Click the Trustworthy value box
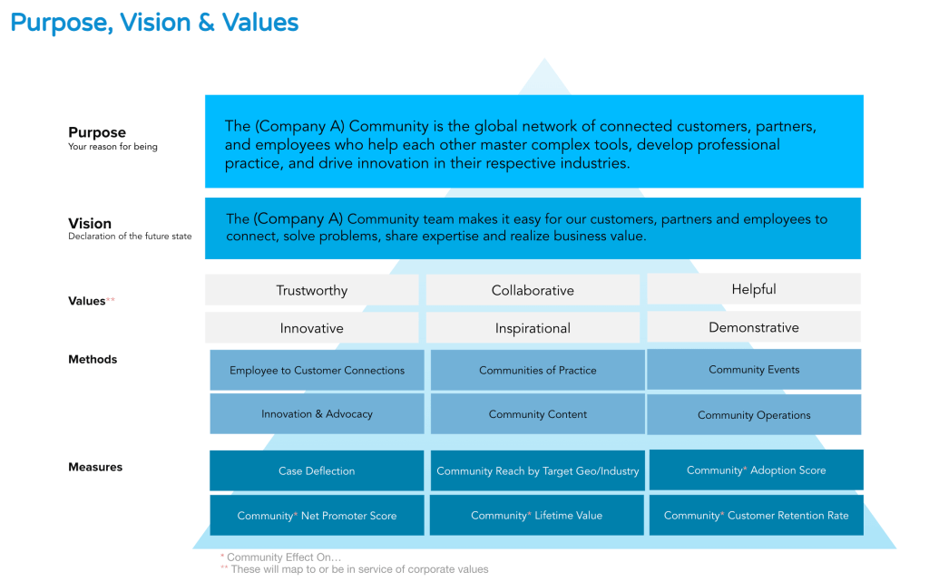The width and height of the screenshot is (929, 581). pyautogui.click(x=312, y=290)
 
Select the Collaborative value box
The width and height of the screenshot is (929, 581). pyautogui.click(x=533, y=290)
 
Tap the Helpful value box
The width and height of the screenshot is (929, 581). pyautogui.click(x=754, y=289)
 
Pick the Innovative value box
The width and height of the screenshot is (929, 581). pyautogui.click(x=312, y=328)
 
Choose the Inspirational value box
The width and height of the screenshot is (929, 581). pyautogui.click(x=533, y=328)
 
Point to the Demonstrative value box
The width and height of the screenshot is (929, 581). pyautogui.click(x=754, y=326)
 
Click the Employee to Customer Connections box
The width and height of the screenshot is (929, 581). pyautogui.click(x=317, y=370)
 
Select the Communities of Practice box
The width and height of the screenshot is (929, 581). pyautogui.click(x=537, y=370)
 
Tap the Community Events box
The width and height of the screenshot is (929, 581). pyautogui.click(x=754, y=369)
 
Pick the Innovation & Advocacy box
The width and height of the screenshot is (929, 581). pyautogui.click(x=317, y=414)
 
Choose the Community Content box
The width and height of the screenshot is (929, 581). pyautogui.click(x=537, y=414)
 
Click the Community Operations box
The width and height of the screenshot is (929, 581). pyautogui.click(x=754, y=415)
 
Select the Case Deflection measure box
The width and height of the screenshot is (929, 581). pyautogui.click(x=317, y=470)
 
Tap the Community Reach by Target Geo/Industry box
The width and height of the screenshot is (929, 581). pyautogui.click(x=537, y=470)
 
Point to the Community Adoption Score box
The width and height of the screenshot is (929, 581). pyautogui.click(x=757, y=470)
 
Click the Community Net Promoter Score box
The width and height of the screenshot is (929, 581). pyautogui.click(x=317, y=516)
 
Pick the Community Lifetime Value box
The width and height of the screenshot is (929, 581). pyautogui.click(x=537, y=516)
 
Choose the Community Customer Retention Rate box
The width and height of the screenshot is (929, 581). pyautogui.click(x=757, y=516)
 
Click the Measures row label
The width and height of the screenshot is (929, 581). pyautogui.click(x=95, y=467)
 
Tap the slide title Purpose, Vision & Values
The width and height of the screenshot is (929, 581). pyautogui.click(x=154, y=23)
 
